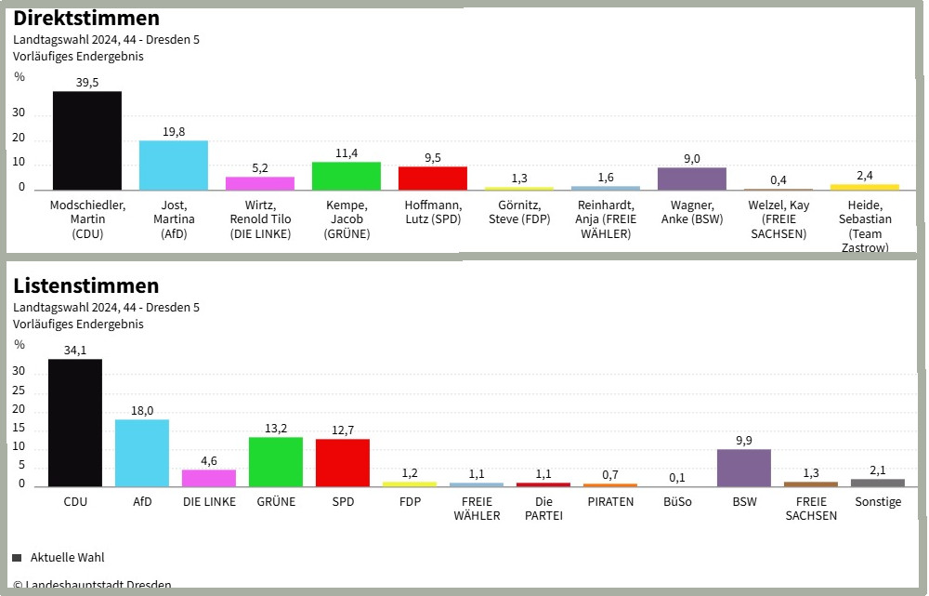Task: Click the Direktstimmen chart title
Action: pyautogui.click(x=86, y=18)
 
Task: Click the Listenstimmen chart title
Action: pyautogui.click(x=86, y=285)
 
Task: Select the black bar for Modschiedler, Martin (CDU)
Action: pyautogui.click(x=87, y=140)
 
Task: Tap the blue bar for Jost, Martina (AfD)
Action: pyautogui.click(x=174, y=166)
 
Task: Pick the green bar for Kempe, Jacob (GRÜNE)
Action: pyautogui.click(x=347, y=176)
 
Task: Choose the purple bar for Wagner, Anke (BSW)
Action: pyautogui.click(x=692, y=179)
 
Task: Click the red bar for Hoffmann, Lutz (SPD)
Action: pyautogui.click(x=433, y=179)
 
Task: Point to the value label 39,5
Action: pyautogui.click(x=87, y=83)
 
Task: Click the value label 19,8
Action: pyautogui.click(x=174, y=132)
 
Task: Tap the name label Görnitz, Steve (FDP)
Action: pyautogui.click(x=519, y=213)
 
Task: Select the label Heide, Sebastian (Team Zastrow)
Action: pyautogui.click(x=865, y=226)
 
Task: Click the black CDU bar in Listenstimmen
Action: pyautogui.click(x=75, y=422)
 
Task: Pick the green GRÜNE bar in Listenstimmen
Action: pyautogui.click(x=276, y=461)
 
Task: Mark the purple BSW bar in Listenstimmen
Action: pyautogui.click(x=744, y=468)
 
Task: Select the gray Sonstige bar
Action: pyautogui.click(x=878, y=483)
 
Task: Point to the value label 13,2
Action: pyautogui.click(x=276, y=429)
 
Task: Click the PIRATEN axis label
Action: pyautogui.click(x=610, y=502)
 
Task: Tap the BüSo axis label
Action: pyautogui.click(x=677, y=502)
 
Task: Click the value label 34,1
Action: pyautogui.click(x=75, y=351)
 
